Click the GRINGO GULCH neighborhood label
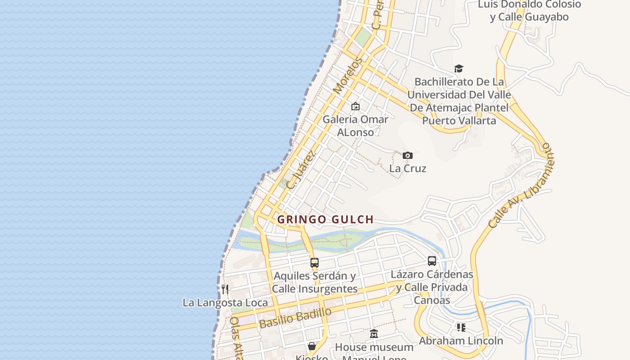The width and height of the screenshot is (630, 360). point(325,220)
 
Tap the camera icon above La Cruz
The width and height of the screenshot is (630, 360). point(408,156)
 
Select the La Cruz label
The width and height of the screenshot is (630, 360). point(408,168)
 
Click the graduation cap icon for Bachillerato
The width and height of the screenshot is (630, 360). point(459,68)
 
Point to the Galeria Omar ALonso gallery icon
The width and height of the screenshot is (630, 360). point(355,107)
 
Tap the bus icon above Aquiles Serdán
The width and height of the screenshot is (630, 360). point(315,262)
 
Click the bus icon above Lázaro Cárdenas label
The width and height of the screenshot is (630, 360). point(432,261)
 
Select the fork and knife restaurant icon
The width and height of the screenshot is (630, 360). point(225,289)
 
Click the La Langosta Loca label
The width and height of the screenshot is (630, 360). point(225,302)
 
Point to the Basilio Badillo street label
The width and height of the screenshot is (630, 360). point(295,318)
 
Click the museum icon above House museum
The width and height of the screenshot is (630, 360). point(374,334)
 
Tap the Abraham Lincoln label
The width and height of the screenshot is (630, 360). point(461,341)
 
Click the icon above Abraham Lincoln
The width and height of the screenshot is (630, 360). point(461,327)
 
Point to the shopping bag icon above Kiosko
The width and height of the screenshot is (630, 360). point(311,346)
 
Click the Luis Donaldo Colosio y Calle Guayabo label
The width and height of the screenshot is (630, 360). point(529,11)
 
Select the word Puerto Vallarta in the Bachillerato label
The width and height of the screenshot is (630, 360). point(459,121)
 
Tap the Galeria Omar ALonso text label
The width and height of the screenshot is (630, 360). point(355,126)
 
